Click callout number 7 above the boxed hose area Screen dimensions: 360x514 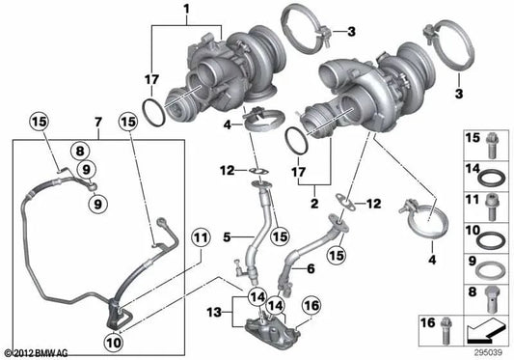tap(97, 123)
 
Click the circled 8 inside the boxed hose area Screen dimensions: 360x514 tap(80, 151)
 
